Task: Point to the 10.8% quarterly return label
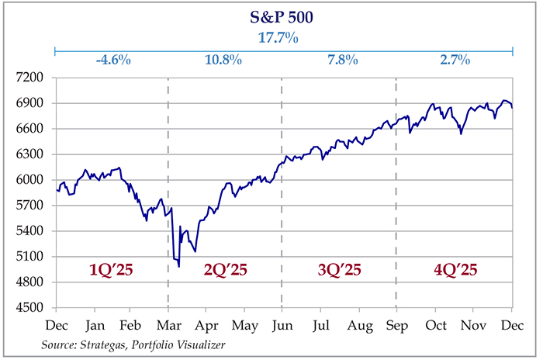[x=224, y=60]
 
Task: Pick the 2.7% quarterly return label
[x=454, y=60]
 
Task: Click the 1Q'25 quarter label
[x=111, y=271]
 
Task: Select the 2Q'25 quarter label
[x=224, y=271]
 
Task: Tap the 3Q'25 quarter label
[x=338, y=271]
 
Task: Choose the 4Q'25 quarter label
[x=454, y=271]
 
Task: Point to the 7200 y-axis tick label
[x=35, y=78]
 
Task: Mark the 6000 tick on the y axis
[x=35, y=181]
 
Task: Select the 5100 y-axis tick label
[x=35, y=258]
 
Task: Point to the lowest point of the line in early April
[x=179, y=266]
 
